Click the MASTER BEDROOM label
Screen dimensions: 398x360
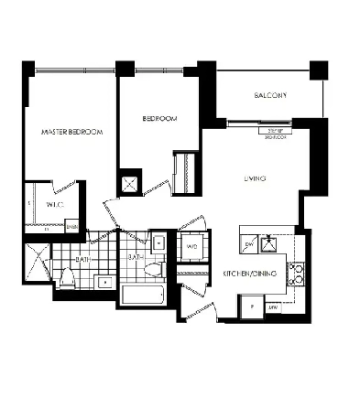pyautogui.click(x=72, y=133)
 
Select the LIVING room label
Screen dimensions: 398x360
pyautogui.click(x=255, y=179)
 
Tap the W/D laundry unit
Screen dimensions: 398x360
pyautogui.click(x=193, y=247)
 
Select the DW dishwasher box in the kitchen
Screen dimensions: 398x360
pyautogui.click(x=248, y=245)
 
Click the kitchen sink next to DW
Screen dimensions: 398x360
pyautogui.click(x=270, y=243)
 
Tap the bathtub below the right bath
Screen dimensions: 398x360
pyautogui.click(x=143, y=296)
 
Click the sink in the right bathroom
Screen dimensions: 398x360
pyautogui.click(x=158, y=243)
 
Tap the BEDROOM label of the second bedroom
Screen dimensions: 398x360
pyautogui.click(x=159, y=119)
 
